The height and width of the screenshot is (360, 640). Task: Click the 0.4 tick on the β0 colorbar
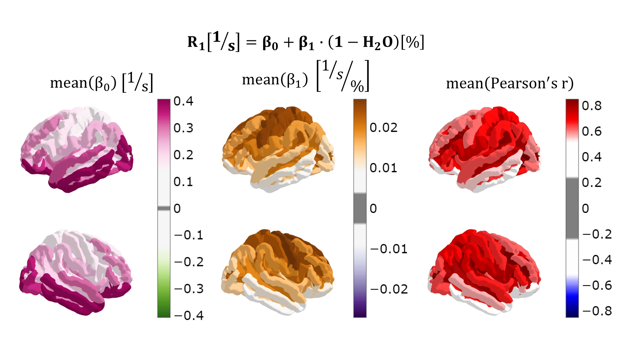[x=183, y=101]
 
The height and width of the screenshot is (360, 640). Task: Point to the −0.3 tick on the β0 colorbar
[x=189, y=289]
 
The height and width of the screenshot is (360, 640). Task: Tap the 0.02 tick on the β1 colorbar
[x=383, y=128]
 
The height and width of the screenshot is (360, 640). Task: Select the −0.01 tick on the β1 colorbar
[x=389, y=249]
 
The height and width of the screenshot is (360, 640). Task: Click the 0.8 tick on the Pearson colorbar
[x=591, y=106]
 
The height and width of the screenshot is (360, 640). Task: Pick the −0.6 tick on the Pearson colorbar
[x=597, y=285]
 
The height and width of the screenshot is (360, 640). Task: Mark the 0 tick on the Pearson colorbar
[x=585, y=209]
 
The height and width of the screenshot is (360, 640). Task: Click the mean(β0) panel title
[x=101, y=83]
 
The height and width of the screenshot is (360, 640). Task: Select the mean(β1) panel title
[x=305, y=78]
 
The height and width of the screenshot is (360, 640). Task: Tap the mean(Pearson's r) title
[x=510, y=83]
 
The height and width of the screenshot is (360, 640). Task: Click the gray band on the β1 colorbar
[x=360, y=208]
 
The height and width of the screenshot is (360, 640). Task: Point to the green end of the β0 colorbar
[x=164, y=310]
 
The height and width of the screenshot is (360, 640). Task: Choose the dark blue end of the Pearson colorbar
[x=572, y=312]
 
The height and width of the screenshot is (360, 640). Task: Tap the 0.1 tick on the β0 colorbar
[x=183, y=182]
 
